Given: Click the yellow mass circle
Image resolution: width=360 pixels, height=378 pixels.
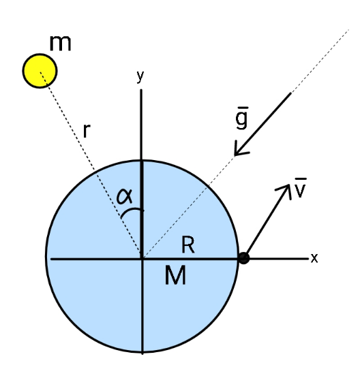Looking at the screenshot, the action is [40, 71].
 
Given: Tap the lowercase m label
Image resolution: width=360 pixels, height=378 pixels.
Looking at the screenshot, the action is [60, 44].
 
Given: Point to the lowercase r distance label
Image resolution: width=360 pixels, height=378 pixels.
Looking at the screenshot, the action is [87, 131].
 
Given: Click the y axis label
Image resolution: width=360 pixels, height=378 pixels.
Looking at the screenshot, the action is [140, 77].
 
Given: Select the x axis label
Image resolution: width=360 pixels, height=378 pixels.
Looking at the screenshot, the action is [314, 257].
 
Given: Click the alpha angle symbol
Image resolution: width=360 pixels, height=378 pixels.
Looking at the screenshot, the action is [125, 195].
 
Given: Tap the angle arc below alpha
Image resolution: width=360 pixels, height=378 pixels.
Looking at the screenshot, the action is [132, 211].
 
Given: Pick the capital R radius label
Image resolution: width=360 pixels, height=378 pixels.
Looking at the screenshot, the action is [187, 245].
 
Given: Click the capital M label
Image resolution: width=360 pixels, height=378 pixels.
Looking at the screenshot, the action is [175, 275].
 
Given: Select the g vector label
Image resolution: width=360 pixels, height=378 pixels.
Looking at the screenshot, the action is [242, 118].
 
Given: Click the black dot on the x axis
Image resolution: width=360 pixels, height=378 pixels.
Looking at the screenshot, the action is [243, 258].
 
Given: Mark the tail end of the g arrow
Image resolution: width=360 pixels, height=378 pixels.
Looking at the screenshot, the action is [290, 94].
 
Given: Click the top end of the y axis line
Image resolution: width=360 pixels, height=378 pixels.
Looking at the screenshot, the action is [141, 90].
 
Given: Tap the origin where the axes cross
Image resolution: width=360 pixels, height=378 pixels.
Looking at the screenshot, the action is [142, 259].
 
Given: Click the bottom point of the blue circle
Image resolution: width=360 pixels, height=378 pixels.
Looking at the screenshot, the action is [142, 353].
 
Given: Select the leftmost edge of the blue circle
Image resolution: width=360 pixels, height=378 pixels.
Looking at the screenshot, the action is [46, 256].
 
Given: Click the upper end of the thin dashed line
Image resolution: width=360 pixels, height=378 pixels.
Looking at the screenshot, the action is [349, 29].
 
